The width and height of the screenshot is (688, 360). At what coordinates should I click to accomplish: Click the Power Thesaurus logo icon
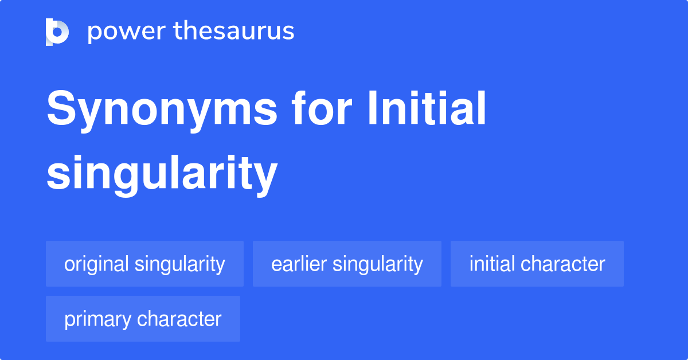click(x=57, y=32)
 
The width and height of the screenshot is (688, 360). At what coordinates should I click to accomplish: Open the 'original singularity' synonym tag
click(x=144, y=264)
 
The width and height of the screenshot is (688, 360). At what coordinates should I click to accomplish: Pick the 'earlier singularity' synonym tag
click(x=347, y=264)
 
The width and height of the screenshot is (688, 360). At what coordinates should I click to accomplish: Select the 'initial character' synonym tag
click(x=537, y=264)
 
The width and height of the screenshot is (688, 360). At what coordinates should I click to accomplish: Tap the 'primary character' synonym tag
click(x=143, y=319)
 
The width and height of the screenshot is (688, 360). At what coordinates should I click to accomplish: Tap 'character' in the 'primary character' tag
click(x=179, y=319)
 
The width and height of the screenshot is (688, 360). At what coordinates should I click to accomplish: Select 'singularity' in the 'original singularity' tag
click(x=179, y=264)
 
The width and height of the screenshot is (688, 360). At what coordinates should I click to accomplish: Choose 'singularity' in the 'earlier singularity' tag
click(x=378, y=264)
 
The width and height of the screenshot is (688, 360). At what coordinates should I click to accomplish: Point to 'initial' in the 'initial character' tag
click(x=492, y=264)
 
